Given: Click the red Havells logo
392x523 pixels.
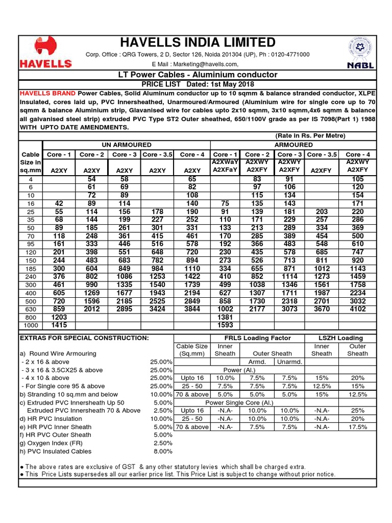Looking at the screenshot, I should (x=45, y=52).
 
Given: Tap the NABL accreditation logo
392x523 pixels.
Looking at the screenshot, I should (x=360, y=53).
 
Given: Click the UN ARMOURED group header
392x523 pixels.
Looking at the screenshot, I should (x=113, y=145).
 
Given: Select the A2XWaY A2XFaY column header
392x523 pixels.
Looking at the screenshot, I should (x=225, y=167).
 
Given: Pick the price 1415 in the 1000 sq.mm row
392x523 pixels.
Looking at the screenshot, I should (x=60, y=325).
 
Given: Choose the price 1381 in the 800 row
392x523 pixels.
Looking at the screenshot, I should (x=225, y=317).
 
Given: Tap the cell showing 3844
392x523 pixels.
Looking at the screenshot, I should (x=192, y=309).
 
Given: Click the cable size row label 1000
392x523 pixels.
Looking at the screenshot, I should (x=30, y=325).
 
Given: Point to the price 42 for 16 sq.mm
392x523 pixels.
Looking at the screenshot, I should (x=60, y=203).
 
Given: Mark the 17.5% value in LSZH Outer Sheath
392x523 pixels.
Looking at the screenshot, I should (x=357, y=427).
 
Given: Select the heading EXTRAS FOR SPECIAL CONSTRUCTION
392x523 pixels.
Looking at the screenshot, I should (x=84, y=338).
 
